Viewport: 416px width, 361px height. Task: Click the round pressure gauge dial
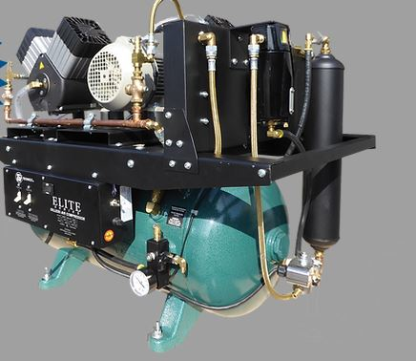click(140, 284)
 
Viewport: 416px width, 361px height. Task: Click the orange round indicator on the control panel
click(109, 234)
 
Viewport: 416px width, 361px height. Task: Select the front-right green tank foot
click(172, 320)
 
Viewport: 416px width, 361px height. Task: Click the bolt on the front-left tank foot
click(45, 276)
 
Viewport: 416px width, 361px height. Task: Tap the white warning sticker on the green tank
click(177, 216)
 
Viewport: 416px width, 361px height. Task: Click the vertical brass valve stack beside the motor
click(139, 81)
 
